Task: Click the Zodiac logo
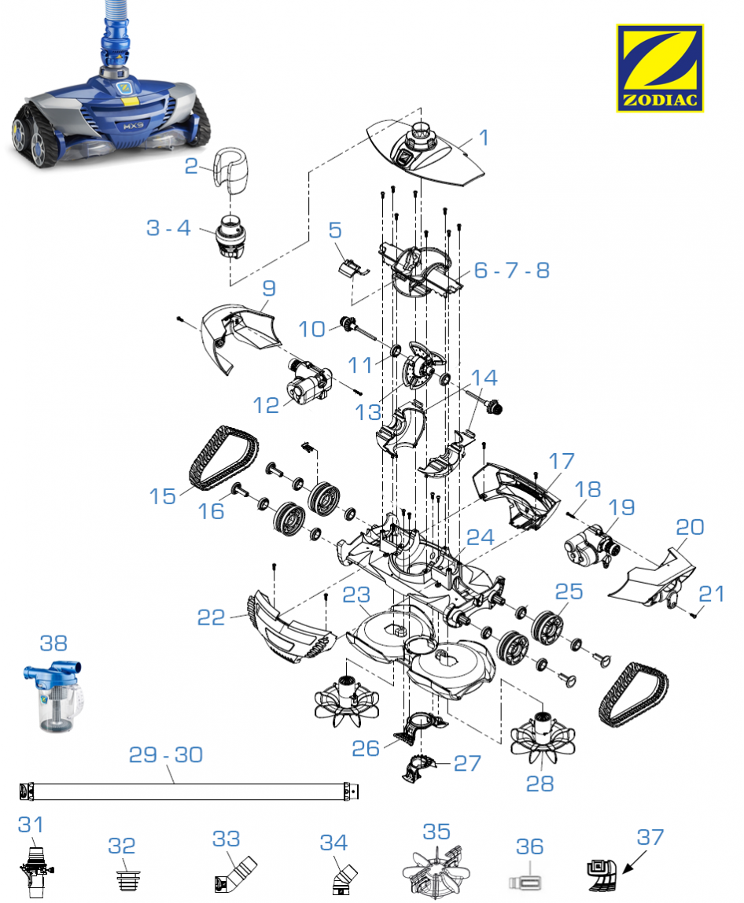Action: (x=659, y=68)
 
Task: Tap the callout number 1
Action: (x=484, y=138)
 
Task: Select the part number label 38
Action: (x=53, y=643)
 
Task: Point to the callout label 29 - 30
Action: (x=165, y=754)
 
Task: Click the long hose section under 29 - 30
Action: (x=189, y=791)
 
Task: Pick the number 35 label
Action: (x=436, y=831)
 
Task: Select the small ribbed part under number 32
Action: (x=122, y=877)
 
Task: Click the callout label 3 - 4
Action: (x=168, y=228)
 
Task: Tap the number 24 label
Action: (x=480, y=537)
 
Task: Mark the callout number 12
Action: (x=267, y=405)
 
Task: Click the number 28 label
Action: (x=540, y=783)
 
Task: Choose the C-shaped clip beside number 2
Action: (x=227, y=170)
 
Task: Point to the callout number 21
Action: (x=711, y=592)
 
